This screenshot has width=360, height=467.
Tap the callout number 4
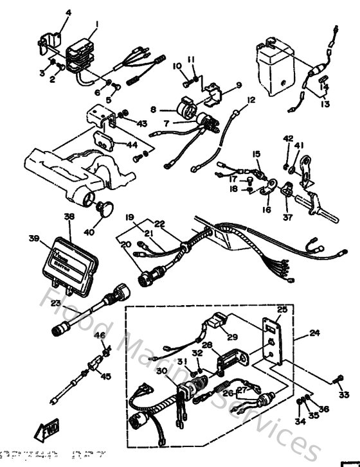pos(69,13)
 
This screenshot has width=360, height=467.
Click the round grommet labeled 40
pos(104,207)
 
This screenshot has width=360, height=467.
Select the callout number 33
pos(344,394)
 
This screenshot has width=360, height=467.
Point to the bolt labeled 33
pos(336,379)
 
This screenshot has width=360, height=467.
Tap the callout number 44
pos(132,146)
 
